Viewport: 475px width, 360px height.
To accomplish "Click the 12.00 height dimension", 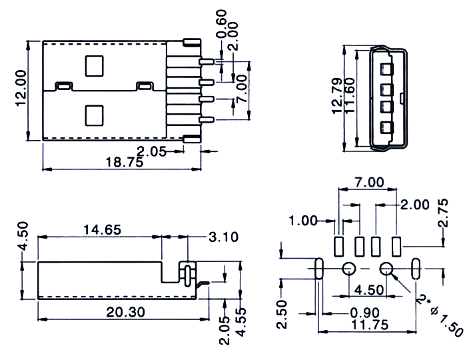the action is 21,88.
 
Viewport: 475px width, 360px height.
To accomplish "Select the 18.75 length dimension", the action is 124,162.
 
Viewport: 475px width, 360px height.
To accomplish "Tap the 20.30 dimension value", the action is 126,312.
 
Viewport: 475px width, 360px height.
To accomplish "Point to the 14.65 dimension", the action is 102,230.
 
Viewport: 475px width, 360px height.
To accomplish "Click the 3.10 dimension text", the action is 224,237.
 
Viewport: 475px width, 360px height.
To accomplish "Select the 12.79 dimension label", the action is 337,96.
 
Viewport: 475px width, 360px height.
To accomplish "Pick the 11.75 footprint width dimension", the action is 370,325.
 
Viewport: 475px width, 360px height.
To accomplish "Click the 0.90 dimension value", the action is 364,313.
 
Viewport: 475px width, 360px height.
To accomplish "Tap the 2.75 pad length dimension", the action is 442,213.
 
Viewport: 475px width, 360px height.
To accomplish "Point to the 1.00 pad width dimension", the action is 303,221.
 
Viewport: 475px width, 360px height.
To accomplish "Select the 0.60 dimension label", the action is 221,23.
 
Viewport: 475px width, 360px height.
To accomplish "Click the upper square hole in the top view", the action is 94,66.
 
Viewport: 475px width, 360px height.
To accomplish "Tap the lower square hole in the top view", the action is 94,115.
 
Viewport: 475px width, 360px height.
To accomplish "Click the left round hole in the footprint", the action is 348,269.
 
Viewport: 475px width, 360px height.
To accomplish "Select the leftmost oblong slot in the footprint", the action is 319,269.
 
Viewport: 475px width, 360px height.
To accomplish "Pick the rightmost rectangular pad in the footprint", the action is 396,247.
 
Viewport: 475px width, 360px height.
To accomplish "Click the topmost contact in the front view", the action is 387,69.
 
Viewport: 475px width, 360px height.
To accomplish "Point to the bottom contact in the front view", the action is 387,127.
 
